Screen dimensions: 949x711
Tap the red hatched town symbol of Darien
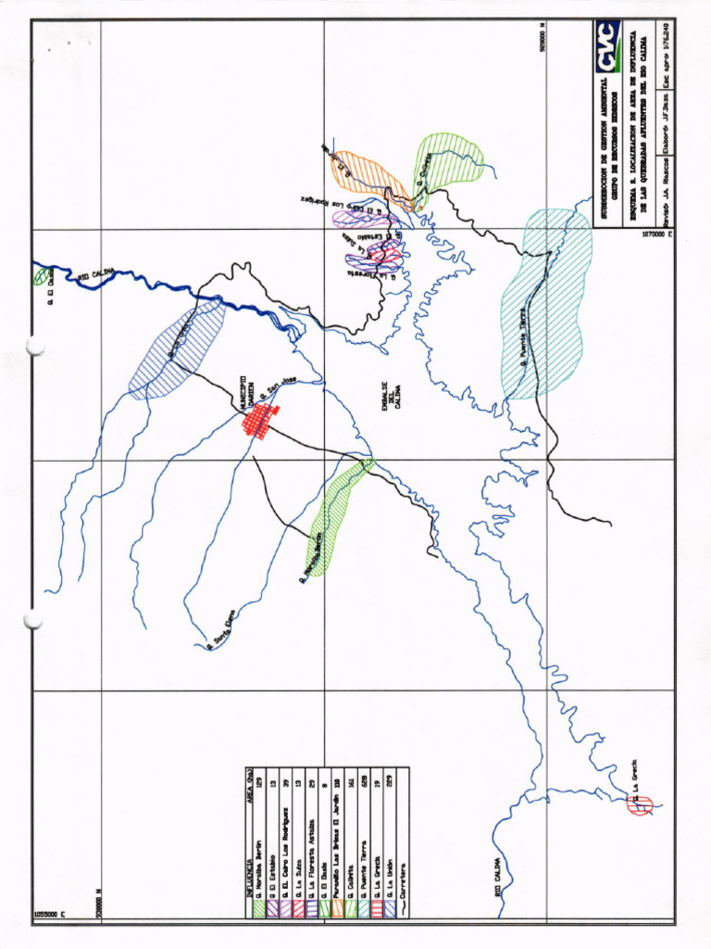[x=260, y=423]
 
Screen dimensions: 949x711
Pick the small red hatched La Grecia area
[x=640, y=804]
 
